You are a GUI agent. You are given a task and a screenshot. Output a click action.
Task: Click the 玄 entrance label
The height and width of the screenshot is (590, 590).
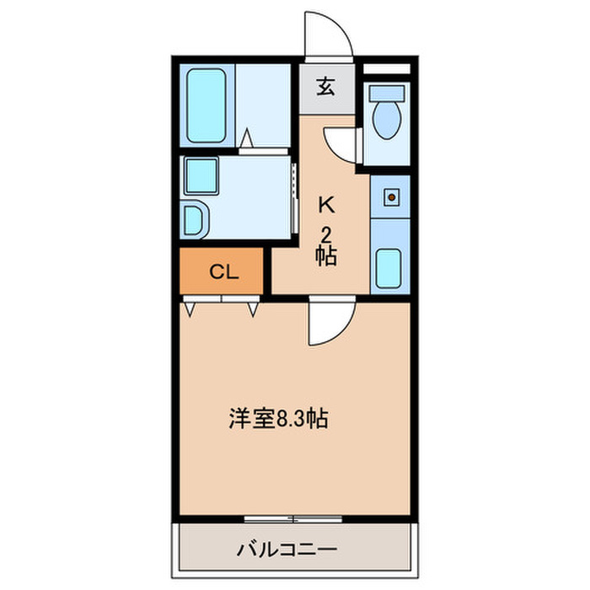pyautogui.click(x=324, y=86)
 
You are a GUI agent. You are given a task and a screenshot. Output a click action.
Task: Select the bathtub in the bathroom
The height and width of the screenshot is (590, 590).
pyautogui.click(x=206, y=105)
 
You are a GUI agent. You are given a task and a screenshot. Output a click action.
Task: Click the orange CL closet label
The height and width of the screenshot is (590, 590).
pyautogui.click(x=223, y=271)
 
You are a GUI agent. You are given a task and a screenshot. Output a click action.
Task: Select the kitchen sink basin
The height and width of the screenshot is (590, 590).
pyautogui.click(x=389, y=268)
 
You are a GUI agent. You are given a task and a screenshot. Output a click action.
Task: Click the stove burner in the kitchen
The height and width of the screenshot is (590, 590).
pyautogui.click(x=390, y=199)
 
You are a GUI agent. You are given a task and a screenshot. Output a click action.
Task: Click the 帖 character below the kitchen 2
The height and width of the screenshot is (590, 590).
pyautogui.click(x=326, y=255)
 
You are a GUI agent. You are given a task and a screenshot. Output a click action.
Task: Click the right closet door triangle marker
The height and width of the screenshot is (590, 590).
pyautogui.click(x=252, y=309)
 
